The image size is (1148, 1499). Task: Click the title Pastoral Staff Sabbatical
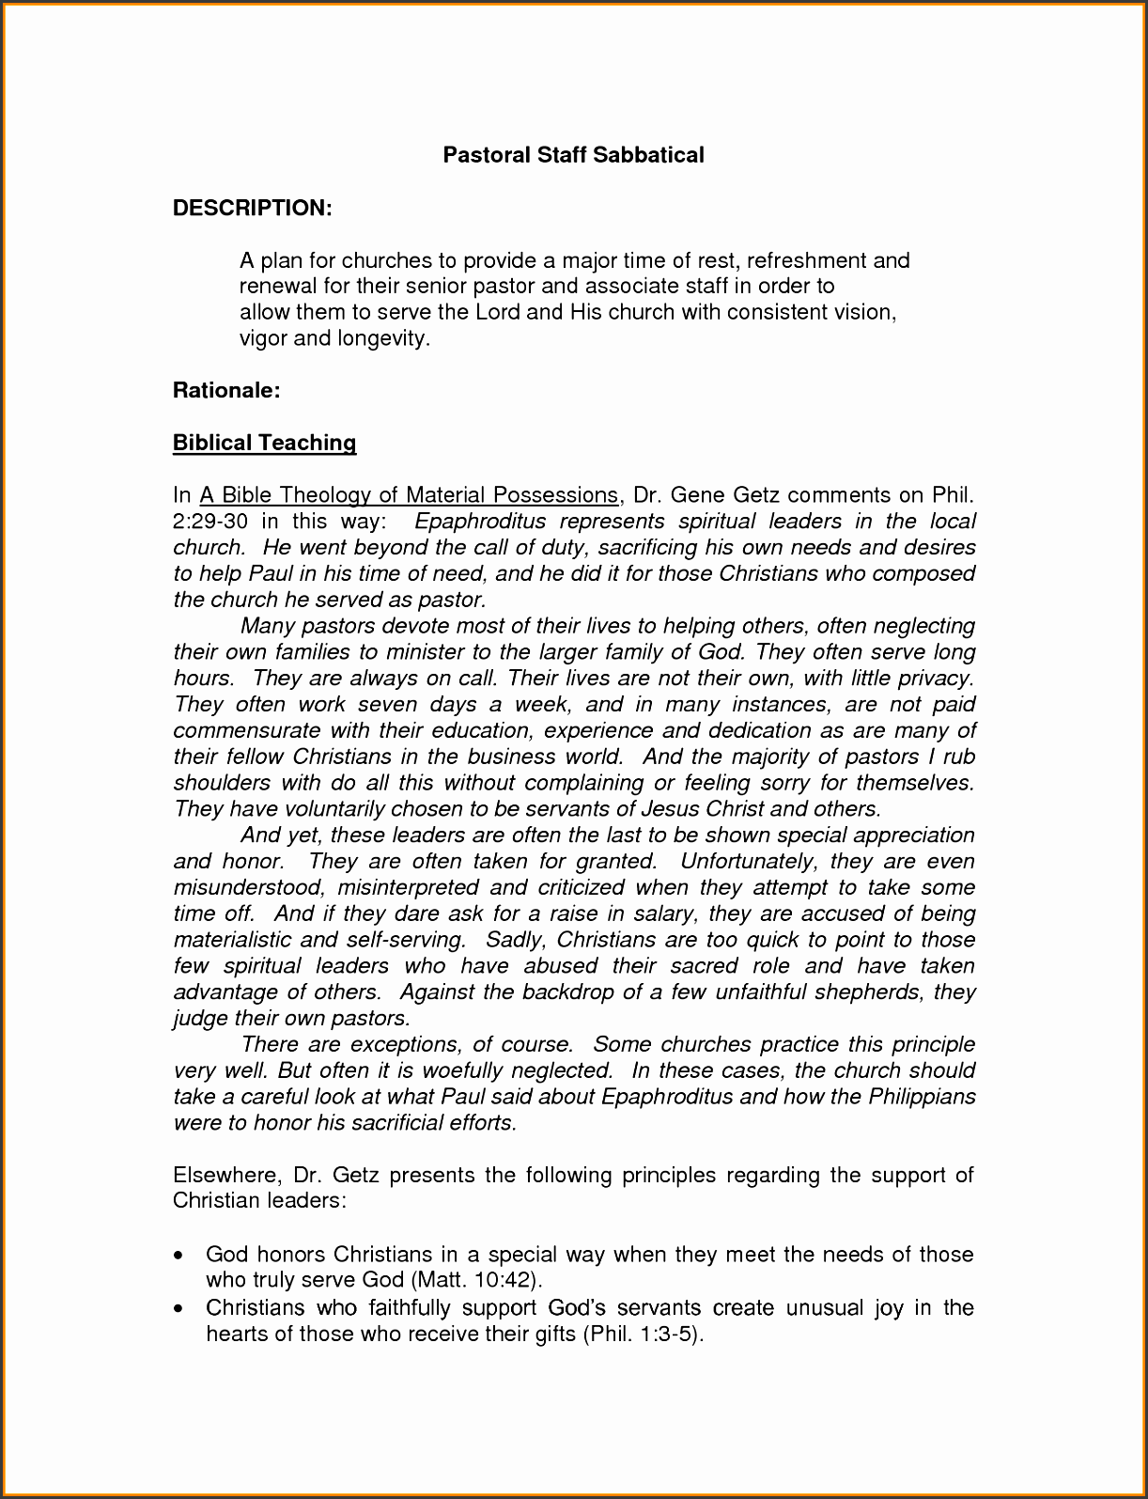click(x=573, y=155)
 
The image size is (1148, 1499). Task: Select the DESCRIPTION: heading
click(x=252, y=208)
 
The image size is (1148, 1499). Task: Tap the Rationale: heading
click(x=226, y=390)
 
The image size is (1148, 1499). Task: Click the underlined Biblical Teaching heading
click(x=264, y=443)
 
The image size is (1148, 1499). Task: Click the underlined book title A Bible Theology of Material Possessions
click(x=409, y=495)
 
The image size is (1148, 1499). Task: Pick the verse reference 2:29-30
click(x=209, y=522)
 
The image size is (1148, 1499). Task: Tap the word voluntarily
click(x=321, y=809)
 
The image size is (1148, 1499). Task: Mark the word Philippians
click(x=922, y=1097)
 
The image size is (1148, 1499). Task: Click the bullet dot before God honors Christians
click(x=179, y=1256)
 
